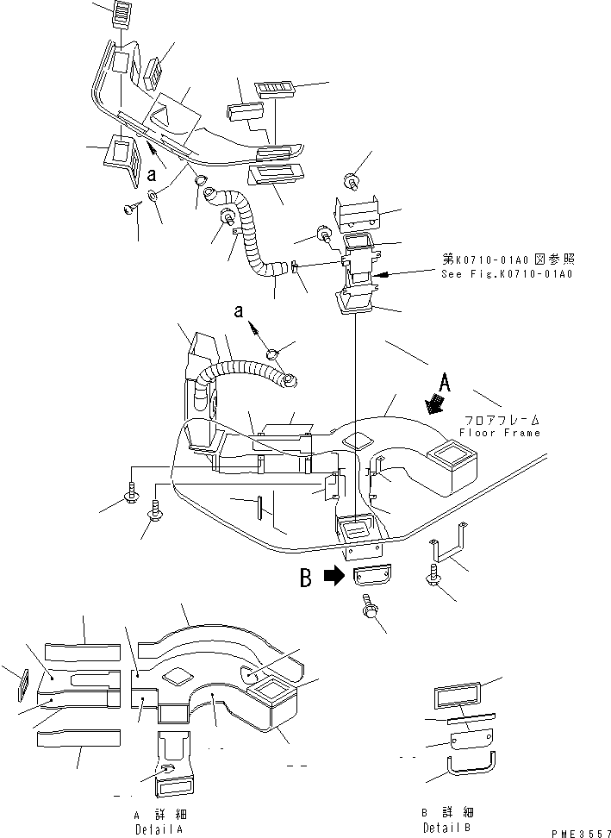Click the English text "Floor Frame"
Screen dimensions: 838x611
499,433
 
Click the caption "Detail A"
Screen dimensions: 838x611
159,828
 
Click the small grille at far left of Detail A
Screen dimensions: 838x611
23,685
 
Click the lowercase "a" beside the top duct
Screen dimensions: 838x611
152,174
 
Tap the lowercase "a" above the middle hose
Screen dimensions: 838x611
242,310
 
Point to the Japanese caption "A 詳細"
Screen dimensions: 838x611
159,813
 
